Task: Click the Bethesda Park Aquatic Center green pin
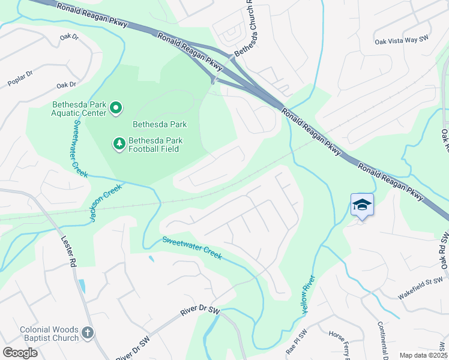116,109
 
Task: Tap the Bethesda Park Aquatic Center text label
70,108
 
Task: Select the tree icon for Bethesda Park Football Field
119,144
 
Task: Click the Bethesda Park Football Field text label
154,144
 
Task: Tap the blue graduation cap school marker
362,206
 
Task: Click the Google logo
19,352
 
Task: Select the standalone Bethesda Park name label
160,124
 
